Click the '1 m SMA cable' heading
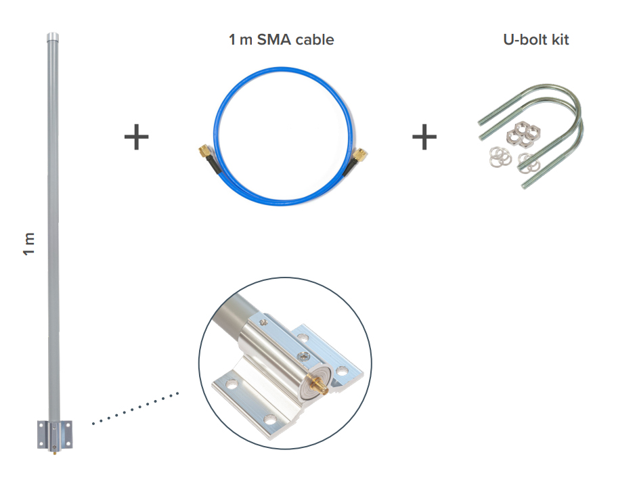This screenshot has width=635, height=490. point(281,40)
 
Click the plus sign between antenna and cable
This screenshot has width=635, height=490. point(136,137)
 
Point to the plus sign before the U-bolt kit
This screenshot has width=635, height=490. point(424,137)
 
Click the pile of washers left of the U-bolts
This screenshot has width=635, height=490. point(498,157)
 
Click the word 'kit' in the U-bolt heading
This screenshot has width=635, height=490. point(559,40)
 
